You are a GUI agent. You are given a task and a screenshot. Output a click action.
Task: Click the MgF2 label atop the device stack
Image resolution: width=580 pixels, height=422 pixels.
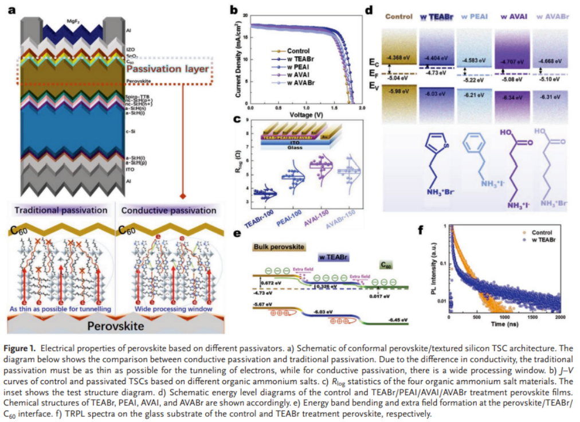pos(73,21)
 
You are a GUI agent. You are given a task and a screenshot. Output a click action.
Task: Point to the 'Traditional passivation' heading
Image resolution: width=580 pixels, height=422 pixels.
pos(61,210)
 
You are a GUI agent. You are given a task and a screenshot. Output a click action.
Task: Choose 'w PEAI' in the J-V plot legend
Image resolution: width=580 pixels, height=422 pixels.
pos(300,67)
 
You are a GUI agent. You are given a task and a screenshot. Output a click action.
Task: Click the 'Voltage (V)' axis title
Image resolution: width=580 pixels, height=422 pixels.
pos(306,115)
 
